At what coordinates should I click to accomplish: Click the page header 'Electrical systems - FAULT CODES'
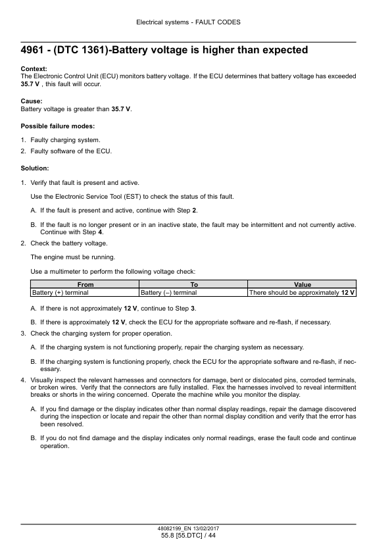[188, 22]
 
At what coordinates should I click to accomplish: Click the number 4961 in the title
[34, 51]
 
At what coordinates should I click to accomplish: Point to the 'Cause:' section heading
[32, 101]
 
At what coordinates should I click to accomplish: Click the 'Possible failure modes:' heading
[58, 126]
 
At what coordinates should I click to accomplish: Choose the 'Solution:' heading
[35, 168]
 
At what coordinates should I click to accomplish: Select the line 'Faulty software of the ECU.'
[71, 151]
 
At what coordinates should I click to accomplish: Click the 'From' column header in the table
[85, 284]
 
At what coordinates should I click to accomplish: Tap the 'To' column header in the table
[193, 284]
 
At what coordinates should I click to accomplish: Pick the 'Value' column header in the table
[302, 284]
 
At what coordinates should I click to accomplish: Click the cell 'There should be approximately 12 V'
[302, 292]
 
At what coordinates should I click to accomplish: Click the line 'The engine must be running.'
[73, 257]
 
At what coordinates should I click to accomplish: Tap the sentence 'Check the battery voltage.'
[69, 243]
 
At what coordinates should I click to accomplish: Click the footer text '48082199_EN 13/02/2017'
[188, 528]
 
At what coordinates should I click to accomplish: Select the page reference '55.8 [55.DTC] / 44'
[188, 536]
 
